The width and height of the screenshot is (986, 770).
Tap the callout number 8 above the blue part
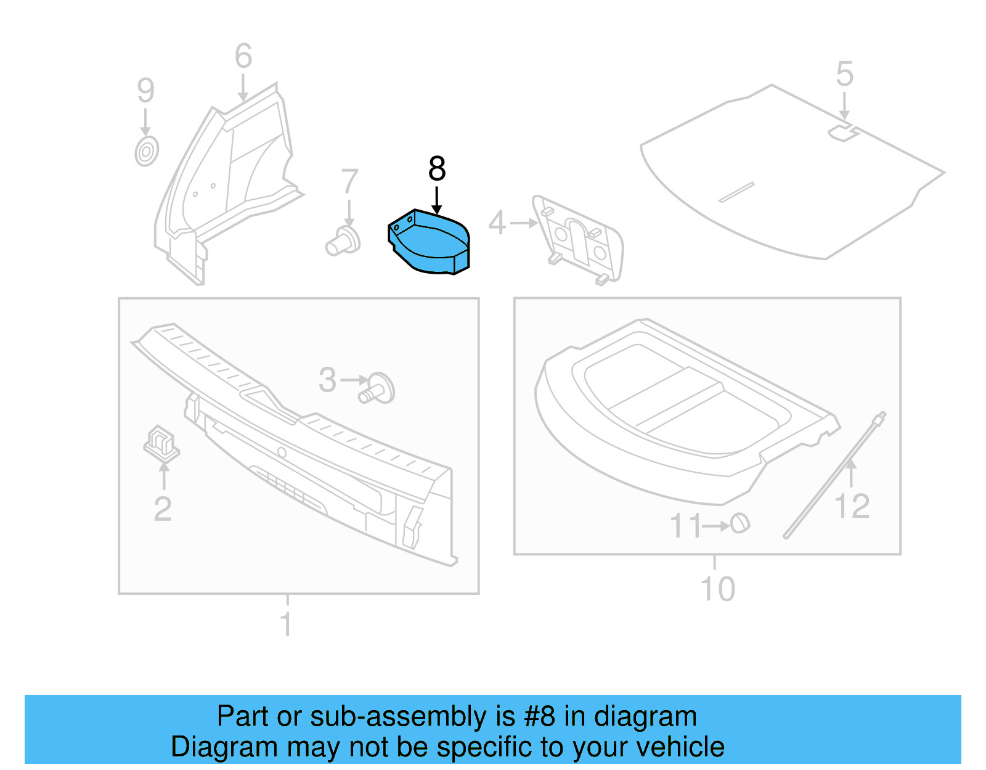tap(437, 169)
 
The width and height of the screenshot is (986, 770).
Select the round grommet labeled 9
tap(147, 152)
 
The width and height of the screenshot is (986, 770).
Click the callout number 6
tap(243, 57)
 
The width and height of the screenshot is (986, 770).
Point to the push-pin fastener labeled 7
tap(343, 242)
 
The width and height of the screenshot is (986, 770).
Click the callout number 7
tap(349, 182)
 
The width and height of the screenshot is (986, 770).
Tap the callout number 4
tap(497, 223)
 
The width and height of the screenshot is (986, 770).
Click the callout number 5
tap(844, 75)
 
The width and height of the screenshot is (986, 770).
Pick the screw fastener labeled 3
tap(377, 388)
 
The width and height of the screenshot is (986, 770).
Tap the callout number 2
tap(163, 509)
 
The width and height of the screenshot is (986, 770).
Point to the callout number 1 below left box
tap(286, 624)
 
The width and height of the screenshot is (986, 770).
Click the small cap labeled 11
tap(740, 523)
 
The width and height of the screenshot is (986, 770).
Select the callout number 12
tap(852, 507)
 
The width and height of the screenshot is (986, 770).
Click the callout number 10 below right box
tap(718, 589)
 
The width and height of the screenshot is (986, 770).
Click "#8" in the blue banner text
tap(539, 717)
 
